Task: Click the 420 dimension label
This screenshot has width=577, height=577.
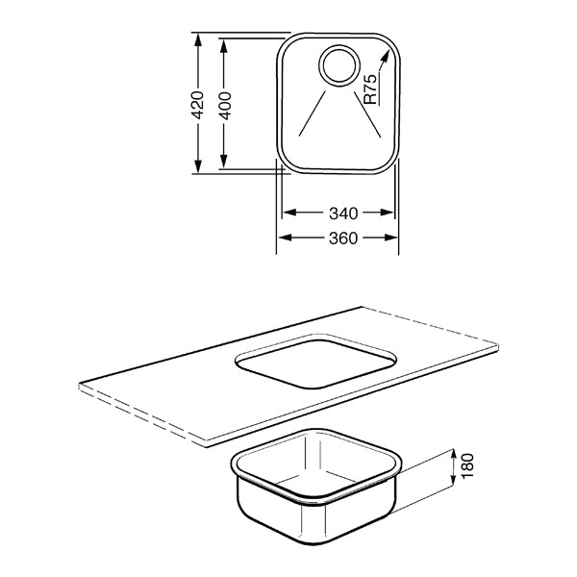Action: coord(198,105)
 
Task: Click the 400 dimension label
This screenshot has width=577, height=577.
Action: coord(225,106)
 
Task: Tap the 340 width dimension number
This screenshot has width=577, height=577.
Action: coord(343,213)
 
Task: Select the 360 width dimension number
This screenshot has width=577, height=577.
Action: coord(343,238)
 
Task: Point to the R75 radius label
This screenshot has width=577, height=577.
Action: coord(370,89)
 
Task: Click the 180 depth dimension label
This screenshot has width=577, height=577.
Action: coord(467,466)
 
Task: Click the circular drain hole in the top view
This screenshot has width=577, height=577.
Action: coord(339,66)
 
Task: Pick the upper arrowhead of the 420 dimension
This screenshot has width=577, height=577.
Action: coord(198,39)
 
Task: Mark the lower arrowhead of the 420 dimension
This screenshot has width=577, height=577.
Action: coord(198,166)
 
